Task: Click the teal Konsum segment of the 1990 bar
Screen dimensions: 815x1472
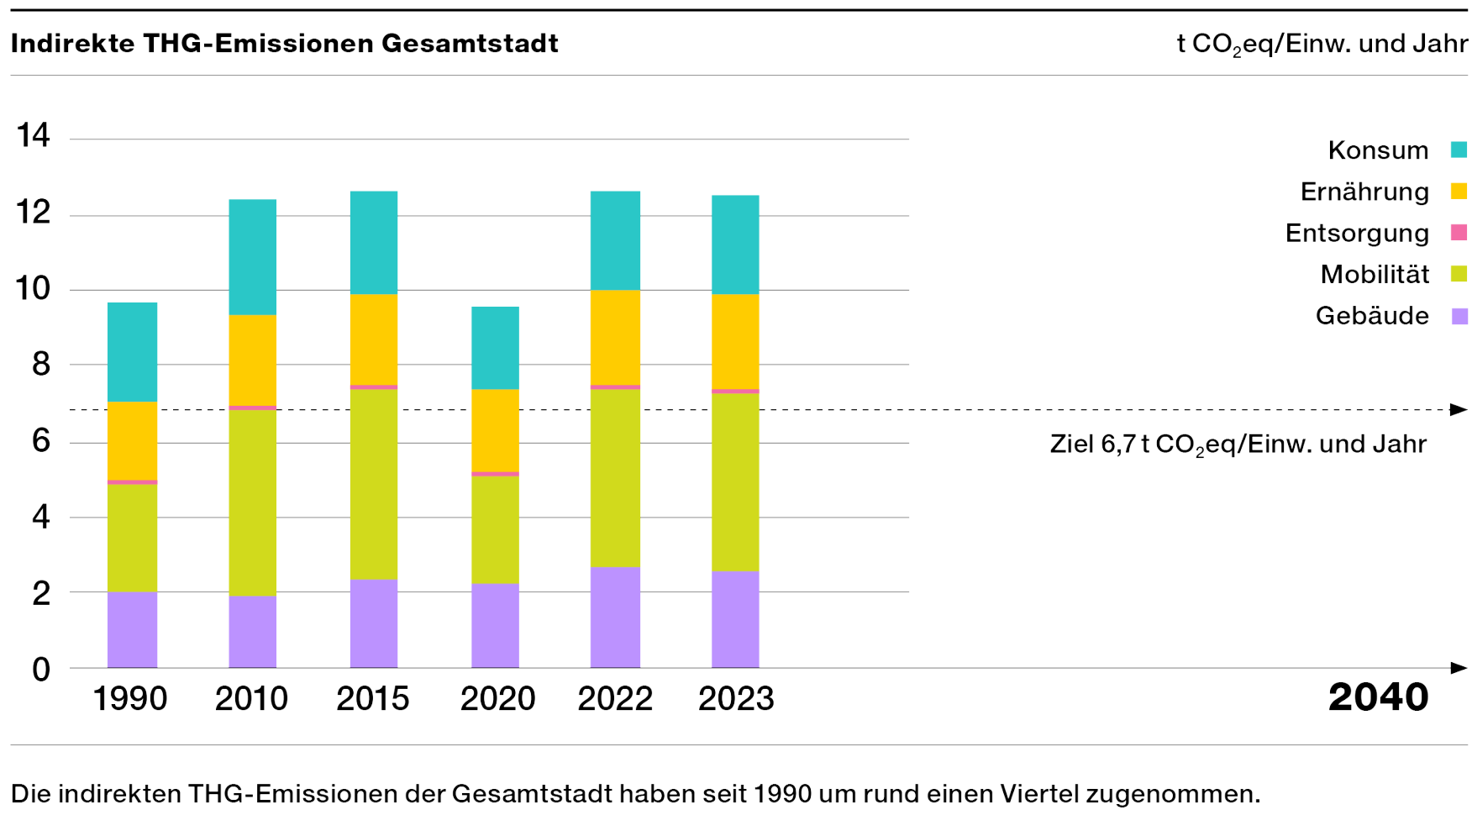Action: click(132, 351)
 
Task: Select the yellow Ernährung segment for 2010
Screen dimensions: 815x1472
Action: click(252, 360)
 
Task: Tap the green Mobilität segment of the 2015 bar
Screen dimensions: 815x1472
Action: click(374, 484)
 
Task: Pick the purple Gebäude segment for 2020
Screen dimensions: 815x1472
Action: click(495, 625)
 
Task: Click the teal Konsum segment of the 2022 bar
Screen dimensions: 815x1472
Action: click(615, 240)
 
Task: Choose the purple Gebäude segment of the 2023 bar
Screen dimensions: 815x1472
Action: click(735, 619)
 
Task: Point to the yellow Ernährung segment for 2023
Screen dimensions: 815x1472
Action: click(735, 341)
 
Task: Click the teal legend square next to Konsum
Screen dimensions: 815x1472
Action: click(1459, 150)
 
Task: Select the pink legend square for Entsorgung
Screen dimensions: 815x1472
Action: click(1459, 233)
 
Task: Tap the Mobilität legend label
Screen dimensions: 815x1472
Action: click(1375, 275)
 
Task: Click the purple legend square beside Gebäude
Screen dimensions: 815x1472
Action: click(1459, 316)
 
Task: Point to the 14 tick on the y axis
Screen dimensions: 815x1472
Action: click(34, 135)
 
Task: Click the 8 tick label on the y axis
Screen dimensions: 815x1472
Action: click(40, 365)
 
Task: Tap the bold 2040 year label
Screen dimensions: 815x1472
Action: click(1378, 697)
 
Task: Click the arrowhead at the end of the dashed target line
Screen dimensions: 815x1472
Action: click(1459, 410)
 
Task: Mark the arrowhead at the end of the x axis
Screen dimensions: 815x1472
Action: click(1459, 668)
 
